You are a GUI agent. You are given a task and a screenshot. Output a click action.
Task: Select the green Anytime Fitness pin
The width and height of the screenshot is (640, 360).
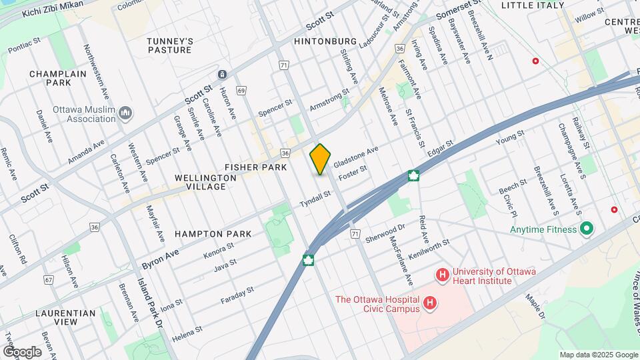(587, 229)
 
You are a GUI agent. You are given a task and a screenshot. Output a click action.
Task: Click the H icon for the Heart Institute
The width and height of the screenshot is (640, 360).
(441, 274)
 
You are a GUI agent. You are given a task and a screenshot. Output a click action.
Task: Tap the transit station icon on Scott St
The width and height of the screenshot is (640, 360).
(222, 75)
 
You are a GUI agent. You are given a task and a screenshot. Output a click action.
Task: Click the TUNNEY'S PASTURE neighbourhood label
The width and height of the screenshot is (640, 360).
(170, 45)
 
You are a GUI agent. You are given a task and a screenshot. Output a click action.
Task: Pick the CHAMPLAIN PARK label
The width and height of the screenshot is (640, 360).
(50, 78)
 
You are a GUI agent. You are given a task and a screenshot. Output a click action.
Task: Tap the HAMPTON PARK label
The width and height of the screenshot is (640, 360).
(213, 234)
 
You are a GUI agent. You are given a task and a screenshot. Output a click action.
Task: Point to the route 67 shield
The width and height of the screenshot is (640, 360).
(49, 280)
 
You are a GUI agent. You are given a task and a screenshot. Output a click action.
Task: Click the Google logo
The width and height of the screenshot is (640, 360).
(22, 351)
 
